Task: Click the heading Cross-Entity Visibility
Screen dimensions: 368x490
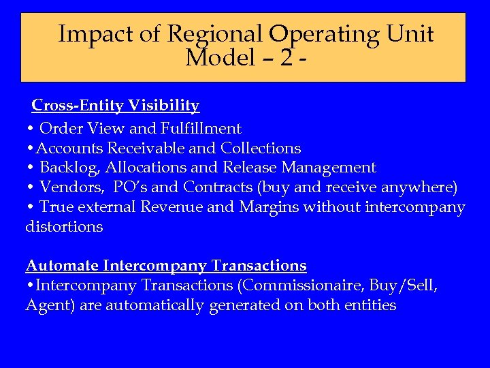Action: pyautogui.click(x=116, y=106)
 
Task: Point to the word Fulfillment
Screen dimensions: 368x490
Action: pyautogui.click(x=201, y=128)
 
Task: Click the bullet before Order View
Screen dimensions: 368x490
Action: pyautogui.click(x=31, y=129)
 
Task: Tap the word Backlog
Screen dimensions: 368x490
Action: pyautogui.click(x=70, y=168)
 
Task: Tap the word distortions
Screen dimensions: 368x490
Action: pyautogui.click(x=64, y=227)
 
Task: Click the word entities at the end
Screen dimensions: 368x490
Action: pyautogui.click(x=367, y=305)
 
